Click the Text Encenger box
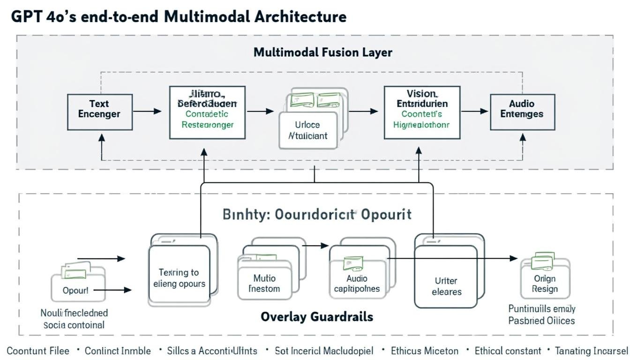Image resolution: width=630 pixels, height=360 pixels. (x=99, y=112)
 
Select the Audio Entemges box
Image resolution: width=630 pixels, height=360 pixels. (x=522, y=112)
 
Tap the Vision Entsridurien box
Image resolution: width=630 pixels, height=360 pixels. (x=422, y=112)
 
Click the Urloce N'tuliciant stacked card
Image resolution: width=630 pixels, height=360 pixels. (x=308, y=130)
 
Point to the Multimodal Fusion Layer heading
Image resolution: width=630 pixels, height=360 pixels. (x=322, y=52)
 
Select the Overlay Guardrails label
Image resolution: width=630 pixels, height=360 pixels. (x=317, y=316)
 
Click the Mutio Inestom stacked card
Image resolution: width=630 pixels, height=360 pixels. (x=265, y=283)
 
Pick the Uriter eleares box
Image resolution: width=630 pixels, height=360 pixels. (x=446, y=286)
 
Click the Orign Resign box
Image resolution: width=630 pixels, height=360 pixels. (x=545, y=284)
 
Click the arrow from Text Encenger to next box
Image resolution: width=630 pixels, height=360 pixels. (x=147, y=112)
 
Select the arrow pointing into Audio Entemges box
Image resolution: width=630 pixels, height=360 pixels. (x=475, y=112)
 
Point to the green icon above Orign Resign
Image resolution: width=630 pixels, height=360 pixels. (x=543, y=261)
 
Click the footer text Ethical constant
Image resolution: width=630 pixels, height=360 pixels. (x=508, y=351)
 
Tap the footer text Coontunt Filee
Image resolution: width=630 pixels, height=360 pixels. (x=38, y=351)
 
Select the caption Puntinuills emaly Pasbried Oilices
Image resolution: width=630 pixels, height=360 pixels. (x=542, y=315)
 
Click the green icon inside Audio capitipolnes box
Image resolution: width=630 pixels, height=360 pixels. (x=353, y=263)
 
